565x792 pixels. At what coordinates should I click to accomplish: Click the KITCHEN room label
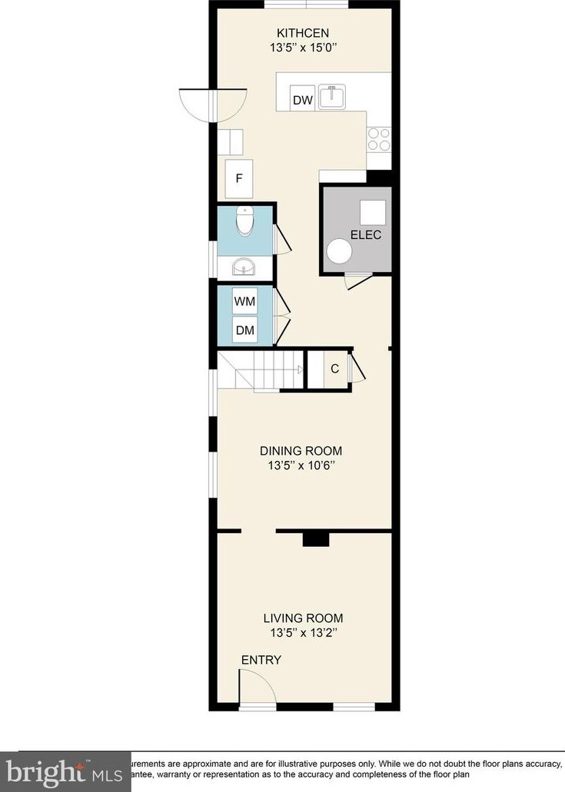click(x=304, y=32)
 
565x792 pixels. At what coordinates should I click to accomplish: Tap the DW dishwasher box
click(x=301, y=100)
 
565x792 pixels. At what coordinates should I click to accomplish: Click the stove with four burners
click(x=378, y=138)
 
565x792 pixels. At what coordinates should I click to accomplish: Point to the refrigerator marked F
click(x=239, y=178)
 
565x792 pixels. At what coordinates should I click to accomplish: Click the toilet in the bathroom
click(x=245, y=220)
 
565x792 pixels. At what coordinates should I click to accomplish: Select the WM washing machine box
click(x=245, y=301)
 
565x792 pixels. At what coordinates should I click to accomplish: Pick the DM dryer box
click(x=245, y=330)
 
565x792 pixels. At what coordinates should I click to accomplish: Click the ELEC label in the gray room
click(x=365, y=235)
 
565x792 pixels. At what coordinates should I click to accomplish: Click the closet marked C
click(x=334, y=369)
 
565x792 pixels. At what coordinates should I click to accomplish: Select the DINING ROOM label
click(x=301, y=451)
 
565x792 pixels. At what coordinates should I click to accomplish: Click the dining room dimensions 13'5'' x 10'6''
click(x=301, y=466)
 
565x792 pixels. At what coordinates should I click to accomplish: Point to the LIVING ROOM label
click(x=303, y=618)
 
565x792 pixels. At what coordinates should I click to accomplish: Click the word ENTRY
click(x=261, y=660)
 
